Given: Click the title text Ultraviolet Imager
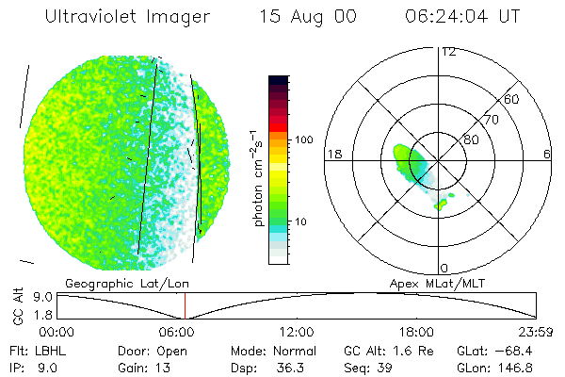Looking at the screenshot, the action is (x=127, y=17).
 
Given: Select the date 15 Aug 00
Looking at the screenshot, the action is (x=308, y=17).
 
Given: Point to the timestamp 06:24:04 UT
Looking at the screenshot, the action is (x=462, y=16).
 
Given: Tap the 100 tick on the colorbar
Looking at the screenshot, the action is (x=304, y=139).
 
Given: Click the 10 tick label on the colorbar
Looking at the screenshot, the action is (x=300, y=221).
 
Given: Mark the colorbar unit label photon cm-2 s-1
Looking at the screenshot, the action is (x=258, y=178).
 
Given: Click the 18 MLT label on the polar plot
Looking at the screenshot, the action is (x=334, y=155).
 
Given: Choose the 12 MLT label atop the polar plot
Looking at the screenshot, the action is (x=448, y=52).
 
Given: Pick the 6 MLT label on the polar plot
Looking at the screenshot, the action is (x=547, y=155).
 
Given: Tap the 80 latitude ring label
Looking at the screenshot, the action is (x=471, y=139).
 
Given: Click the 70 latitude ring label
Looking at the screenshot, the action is (x=492, y=120).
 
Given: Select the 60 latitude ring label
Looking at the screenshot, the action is (x=511, y=99).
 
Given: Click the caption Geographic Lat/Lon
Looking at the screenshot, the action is (x=127, y=284).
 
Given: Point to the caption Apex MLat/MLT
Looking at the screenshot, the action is (x=437, y=284).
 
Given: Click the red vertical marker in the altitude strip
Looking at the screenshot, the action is (x=185, y=306).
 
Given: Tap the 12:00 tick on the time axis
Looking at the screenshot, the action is (x=297, y=332).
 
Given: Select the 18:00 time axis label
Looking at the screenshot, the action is (x=416, y=332).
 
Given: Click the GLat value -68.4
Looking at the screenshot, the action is (x=513, y=351).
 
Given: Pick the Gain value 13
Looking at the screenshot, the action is (x=163, y=368).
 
